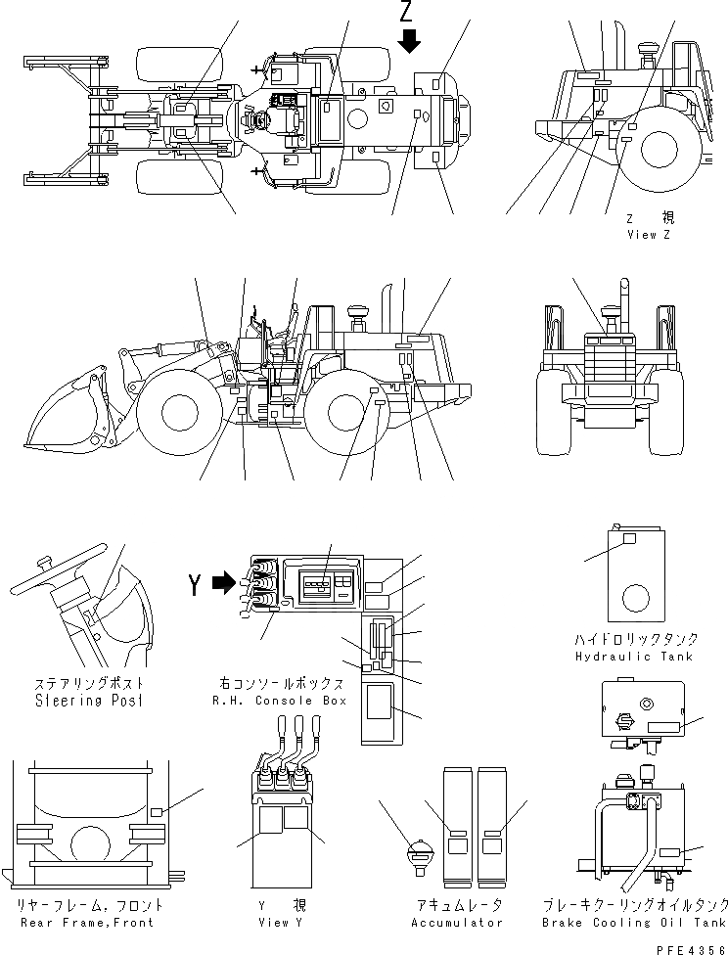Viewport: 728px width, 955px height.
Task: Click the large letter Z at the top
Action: click(x=410, y=13)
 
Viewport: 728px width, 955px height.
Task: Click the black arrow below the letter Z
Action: click(x=410, y=40)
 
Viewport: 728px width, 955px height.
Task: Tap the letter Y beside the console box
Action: click(x=196, y=584)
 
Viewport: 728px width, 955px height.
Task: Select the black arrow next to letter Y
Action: click(x=224, y=584)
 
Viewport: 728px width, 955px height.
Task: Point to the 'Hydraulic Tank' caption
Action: click(x=635, y=657)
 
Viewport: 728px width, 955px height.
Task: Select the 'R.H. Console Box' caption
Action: click(x=279, y=701)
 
